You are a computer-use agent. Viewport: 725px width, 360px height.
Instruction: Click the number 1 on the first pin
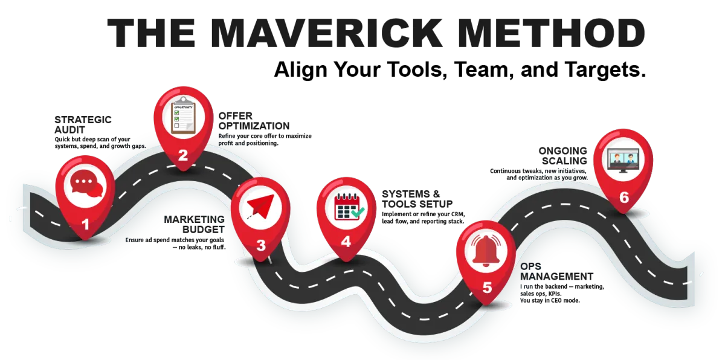pyautogui.click(x=85, y=225)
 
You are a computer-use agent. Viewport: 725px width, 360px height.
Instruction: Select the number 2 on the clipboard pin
pyautogui.click(x=183, y=155)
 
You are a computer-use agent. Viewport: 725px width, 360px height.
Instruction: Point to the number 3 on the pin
pyautogui.click(x=260, y=245)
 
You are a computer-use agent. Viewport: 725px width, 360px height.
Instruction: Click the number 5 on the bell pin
pyautogui.click(x=487, y=288)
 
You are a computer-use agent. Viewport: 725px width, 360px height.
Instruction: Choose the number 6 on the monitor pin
pyautogui.click(x=624, y=198)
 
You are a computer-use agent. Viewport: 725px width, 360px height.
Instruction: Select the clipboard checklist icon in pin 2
pyautogui.click(x=184, y=115)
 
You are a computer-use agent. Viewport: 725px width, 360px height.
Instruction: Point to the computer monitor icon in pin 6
pyautogui.click(x=623, y=159)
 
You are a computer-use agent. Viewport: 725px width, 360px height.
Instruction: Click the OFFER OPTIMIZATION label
pyautogui.click(x=254, y=121)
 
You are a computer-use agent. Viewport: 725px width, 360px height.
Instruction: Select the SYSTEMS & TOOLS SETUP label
pyautogui.click(x=417, y=199)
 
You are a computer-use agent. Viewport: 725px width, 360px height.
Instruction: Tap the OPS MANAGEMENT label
pyautogui.click(x=555, y=271)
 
